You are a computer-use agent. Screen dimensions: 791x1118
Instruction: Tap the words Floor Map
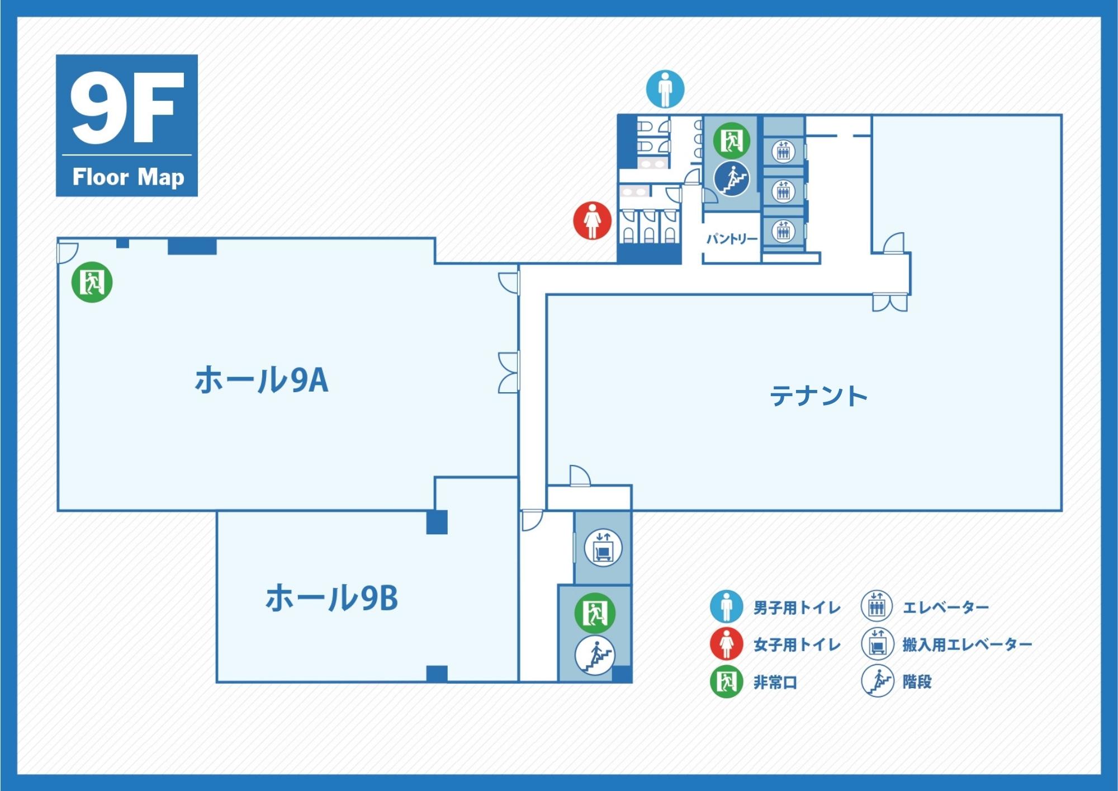[128, 177]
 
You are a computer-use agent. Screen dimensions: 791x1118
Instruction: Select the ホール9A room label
[261, 380]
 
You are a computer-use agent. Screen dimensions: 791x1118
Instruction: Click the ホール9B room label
[331, 598]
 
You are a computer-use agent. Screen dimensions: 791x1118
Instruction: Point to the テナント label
[818, 397]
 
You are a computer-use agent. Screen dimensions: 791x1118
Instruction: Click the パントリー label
[731, 239]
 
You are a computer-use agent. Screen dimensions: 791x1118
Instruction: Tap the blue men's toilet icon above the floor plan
[665, 89]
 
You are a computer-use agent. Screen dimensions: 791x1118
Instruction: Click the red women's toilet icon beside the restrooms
[593, 220]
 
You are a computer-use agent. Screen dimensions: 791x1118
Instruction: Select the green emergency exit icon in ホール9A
[92, 282]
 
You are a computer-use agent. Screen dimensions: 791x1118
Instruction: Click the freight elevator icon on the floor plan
[603, 548]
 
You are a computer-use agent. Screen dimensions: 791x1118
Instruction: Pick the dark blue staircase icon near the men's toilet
[732, 178]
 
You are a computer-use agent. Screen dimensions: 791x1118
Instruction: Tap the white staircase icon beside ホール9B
[595, 655]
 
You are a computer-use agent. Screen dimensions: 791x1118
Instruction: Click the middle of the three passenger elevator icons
[783, 191]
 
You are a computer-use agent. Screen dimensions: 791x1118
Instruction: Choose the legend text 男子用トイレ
[797, 608]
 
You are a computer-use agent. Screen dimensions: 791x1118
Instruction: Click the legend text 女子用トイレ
[797, 645]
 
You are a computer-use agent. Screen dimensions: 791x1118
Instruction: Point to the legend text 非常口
[775, 682]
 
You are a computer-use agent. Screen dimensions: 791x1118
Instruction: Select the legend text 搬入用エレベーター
[967, 645]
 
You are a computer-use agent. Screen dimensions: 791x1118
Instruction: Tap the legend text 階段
[917, 682]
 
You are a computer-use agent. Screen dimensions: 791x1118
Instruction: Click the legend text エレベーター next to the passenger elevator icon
[945, 608]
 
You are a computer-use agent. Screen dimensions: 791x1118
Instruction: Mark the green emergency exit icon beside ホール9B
[595, 613]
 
